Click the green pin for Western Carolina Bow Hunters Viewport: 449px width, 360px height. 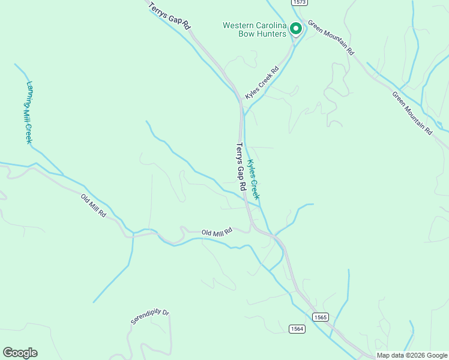pyautogui.click(x=295, y=28)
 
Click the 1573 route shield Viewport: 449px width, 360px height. pyautogui.click(x=300, y=3)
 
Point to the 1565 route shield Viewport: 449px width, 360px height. pyautogui.click(x=321, y=316)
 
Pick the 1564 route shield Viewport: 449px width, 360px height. pyautogui.click(x=297, y=328)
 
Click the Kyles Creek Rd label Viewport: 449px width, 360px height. pyautogui.click(x=262, y=83)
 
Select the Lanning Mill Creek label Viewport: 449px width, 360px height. pyautogui.click(x=28, y=112)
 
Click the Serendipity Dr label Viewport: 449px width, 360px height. pyautogui.click(x=150, y=317)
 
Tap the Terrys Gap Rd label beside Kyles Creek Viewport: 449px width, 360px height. pyautogui.click(x=241, y=167)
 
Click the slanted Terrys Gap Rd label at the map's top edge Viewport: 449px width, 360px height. pyautogui.click(x=170, y=14)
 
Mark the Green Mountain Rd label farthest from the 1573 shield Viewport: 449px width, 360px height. pyautogui.click(x=412, y=113)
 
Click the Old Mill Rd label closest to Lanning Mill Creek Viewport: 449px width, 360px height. pyautogui.click(x=94, y=205)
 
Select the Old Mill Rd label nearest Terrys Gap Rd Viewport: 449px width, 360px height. pyautogui.click(x=217, y=232)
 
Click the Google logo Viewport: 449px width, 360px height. pyautogui.click(x=20, y=353)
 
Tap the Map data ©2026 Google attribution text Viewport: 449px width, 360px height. pyautogui.click(x=411, y=355)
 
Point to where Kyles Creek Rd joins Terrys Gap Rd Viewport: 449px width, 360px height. pyautogui.click(x=241, y=110)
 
